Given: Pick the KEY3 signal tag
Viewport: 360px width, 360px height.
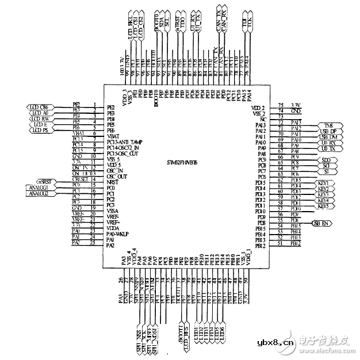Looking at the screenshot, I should (323, 195).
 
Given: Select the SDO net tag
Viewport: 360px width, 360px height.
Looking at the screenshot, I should (325, 160).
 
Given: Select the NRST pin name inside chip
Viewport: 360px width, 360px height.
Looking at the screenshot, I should (113, 181).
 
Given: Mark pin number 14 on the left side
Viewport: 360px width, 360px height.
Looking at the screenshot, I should (93, 179).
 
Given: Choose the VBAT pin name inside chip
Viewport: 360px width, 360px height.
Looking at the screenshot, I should (113, 135).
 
